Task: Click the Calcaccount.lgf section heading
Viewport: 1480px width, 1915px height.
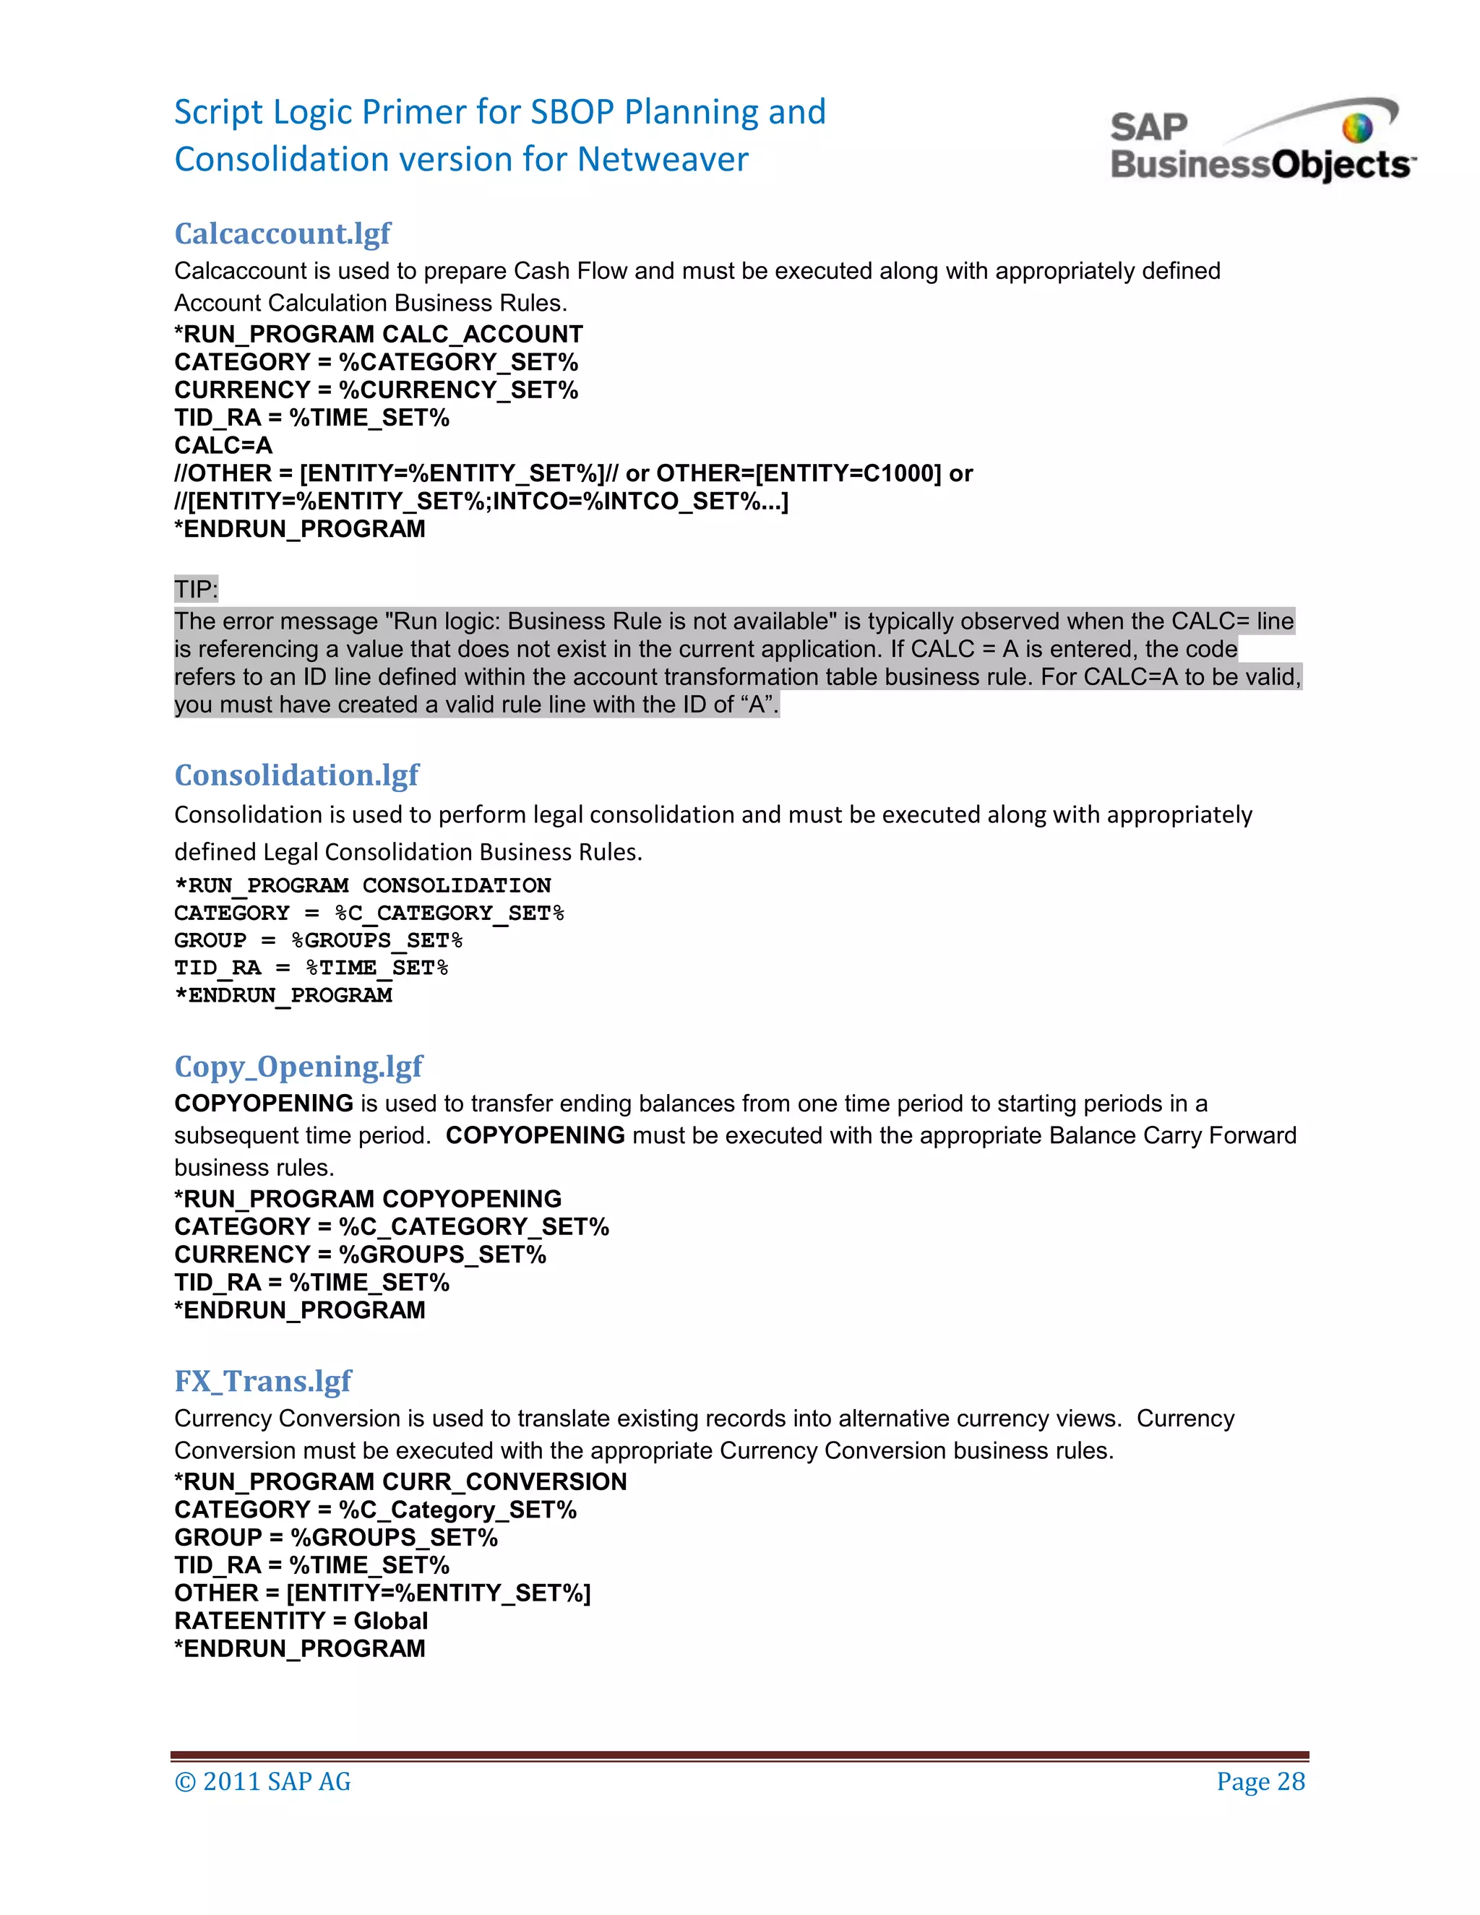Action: pos(283,233)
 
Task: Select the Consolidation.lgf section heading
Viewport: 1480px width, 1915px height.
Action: pos(296,775)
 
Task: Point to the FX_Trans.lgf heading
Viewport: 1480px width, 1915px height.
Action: pos(262,1381)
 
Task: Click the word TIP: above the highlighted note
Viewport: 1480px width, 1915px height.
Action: pos(196,589)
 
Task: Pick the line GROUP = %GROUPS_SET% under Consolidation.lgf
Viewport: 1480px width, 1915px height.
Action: pos(317,941)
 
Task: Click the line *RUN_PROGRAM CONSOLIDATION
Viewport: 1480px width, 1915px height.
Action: pos(362,886)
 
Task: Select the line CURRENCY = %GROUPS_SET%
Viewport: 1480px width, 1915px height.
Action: pos(359,1255)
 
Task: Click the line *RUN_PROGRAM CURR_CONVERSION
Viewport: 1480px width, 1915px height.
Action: pos(400,1482)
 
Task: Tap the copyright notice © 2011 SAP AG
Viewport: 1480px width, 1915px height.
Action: pos(262,1782)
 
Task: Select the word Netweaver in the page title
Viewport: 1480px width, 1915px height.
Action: pos(663,160)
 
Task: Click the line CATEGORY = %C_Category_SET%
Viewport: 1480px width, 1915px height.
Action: pos(375,1510)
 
